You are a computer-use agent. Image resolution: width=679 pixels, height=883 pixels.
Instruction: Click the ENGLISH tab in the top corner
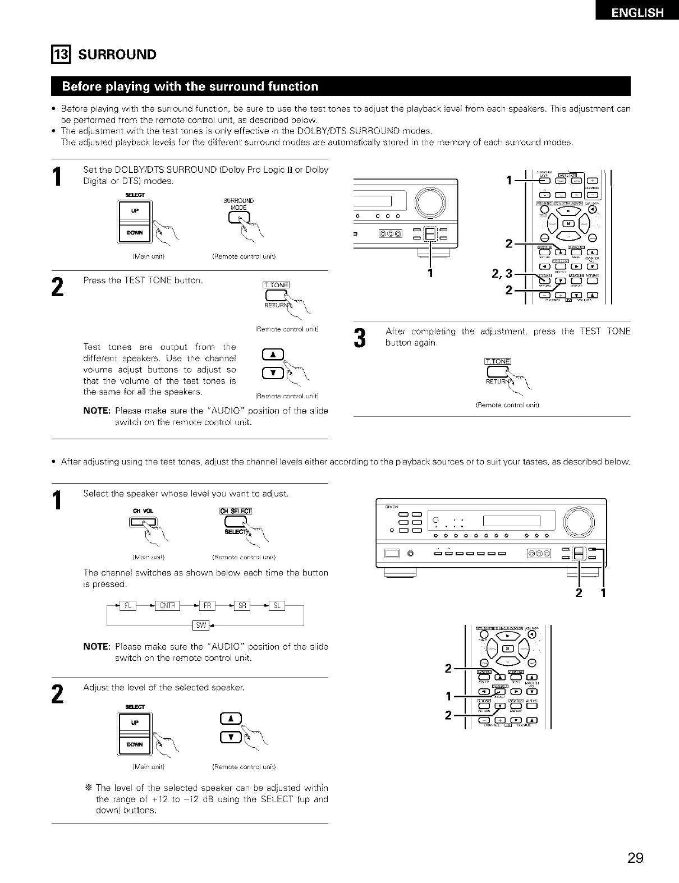pyautogui.click(x=637, y=12)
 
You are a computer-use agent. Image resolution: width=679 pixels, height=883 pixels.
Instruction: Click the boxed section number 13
pyautogui.click(x=59, y=54)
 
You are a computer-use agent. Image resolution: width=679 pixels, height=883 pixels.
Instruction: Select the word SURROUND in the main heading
pyautogui.click(x=117, y=54)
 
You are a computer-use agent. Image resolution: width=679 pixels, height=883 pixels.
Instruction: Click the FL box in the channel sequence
pyautogui.click(x=128, y=605)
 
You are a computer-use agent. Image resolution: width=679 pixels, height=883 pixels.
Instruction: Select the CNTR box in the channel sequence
pyautogui.click(x=168, y=605)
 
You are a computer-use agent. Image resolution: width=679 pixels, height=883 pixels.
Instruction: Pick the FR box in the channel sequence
pyautogui.click(x=207, y=605)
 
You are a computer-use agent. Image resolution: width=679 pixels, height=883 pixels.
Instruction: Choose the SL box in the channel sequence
pyautogui.click(x=277, y=605)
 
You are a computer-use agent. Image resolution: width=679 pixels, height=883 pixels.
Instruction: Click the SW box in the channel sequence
pyautogui.click(x=201, y=625)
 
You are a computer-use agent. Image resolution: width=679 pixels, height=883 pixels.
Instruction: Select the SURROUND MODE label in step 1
pyautogui.click(x=239, y=204)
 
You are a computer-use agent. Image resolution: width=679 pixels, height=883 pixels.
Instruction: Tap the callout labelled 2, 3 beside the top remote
pyautogui.click(x=502, y=274)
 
